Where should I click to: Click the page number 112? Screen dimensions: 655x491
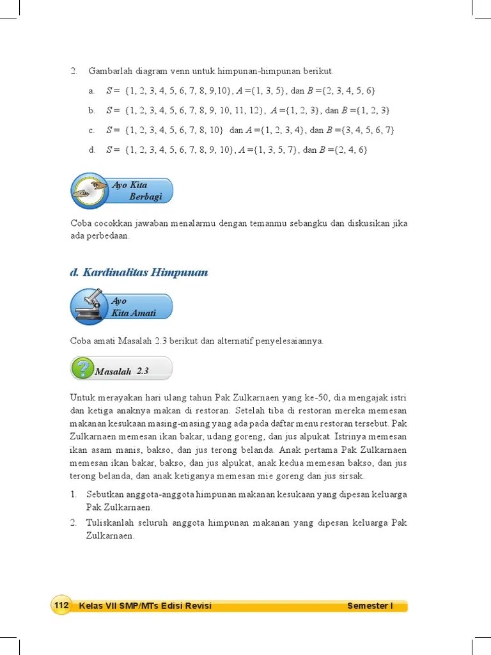coord(61,606)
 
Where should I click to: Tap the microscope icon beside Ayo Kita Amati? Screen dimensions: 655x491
coord(88,307)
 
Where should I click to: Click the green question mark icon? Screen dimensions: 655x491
coord(82,369)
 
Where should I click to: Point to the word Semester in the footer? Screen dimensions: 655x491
coord(368,606)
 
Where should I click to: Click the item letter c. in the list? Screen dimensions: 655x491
coord(91,130)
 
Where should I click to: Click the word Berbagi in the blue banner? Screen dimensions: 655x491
coord(145,196)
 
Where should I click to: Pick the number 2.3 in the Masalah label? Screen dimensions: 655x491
coord(143,370)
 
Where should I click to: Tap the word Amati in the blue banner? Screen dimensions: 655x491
coord(144,313)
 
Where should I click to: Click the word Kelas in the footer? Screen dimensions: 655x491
coord(91,606)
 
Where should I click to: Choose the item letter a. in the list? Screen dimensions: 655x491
coord(91,90)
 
